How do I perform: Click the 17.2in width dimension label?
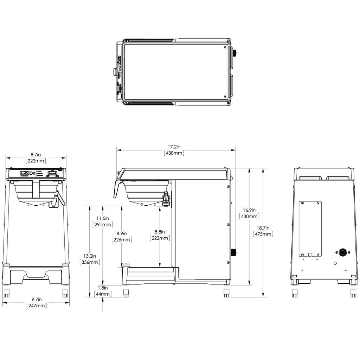coord(174,147)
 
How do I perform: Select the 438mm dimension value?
coord(174,153)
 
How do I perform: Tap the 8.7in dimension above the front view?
coord(36,154)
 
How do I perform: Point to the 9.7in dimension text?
coord(36,299)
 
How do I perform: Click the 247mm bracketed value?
coord(36,306)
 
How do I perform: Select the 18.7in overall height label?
coord(263,227)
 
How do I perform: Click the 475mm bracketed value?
coord(263,234)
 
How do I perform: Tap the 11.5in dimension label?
coord(102,218)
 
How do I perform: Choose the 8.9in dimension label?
coord(121,233)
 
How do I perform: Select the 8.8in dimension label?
coord(160,232)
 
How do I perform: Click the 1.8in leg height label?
coord(103,288)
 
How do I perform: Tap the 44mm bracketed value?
coord(103,294)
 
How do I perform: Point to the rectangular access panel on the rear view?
coord(310,229)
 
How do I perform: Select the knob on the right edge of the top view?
coord(234,53)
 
